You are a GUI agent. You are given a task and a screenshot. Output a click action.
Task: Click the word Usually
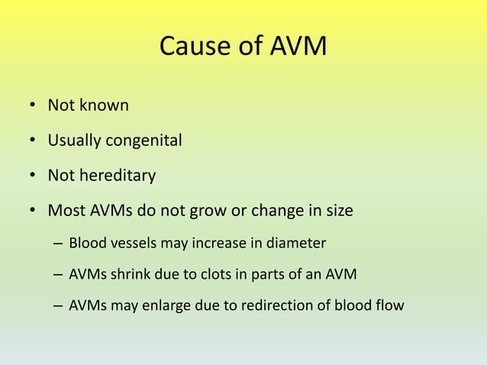[75, 141]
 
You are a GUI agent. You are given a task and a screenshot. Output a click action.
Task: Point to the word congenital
[144, 141]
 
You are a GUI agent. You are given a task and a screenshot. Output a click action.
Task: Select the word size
[337, 210]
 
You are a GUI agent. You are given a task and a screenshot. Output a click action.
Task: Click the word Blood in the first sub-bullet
[85, 244]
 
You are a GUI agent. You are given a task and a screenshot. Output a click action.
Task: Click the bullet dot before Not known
[34, 106]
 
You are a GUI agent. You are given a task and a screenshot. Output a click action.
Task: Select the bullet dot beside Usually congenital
[34, 141]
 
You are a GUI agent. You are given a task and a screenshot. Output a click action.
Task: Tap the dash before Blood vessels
[58, 244]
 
